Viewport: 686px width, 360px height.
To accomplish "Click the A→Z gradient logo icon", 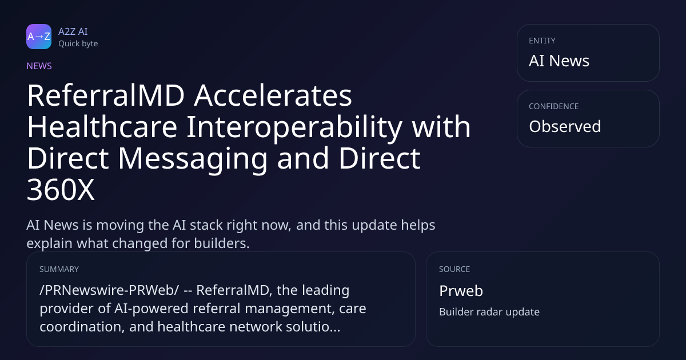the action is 39,37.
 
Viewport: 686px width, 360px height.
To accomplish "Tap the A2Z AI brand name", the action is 73,31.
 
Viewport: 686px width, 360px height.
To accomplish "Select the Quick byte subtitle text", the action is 78,44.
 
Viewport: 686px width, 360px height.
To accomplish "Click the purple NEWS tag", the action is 39,66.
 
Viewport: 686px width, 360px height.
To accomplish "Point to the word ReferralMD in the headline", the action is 106,95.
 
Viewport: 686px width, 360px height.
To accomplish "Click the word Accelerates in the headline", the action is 273,96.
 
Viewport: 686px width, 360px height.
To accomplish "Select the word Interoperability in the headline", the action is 294,127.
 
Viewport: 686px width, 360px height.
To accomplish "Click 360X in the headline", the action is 61,190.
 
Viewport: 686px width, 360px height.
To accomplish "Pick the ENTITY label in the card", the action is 542,41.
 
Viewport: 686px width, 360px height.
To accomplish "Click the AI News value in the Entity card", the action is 559,61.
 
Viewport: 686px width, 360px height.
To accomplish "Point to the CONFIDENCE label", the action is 554,106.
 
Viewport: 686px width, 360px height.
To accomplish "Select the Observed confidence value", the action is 565,126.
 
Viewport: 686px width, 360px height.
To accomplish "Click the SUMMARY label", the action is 59,269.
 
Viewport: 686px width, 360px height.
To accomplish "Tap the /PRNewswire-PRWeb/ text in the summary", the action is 109,290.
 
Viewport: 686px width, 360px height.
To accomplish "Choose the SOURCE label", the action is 454,269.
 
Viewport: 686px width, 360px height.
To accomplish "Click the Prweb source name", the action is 461,291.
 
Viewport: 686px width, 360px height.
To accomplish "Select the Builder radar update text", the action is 489,312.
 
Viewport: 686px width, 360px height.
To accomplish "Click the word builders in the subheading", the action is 222,243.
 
